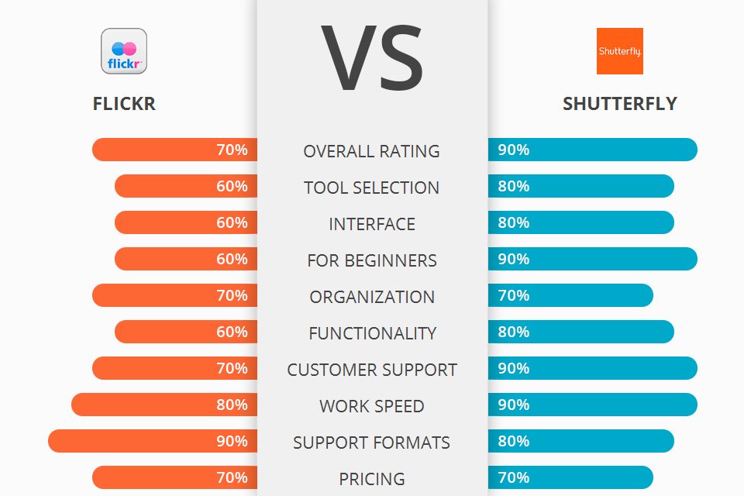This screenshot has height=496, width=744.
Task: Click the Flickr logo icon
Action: point(124,51)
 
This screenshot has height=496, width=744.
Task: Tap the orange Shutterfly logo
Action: point(619,51)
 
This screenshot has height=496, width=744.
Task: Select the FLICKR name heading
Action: point(124,104)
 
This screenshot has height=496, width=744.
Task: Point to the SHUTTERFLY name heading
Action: point(620,104)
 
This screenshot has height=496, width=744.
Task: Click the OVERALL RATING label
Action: point(372,151)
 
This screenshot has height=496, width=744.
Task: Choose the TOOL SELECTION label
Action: point(372,188)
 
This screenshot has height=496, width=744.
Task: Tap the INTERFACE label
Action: point(372,224)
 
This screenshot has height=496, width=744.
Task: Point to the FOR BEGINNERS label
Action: point(372,260)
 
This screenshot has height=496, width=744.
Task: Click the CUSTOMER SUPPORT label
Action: point(372,370)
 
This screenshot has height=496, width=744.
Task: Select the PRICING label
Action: point(372,479)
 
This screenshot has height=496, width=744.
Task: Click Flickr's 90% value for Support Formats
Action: point(232,441)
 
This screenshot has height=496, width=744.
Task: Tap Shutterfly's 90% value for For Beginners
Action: point(514,259)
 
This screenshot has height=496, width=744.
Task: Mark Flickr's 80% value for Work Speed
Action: point(232,405)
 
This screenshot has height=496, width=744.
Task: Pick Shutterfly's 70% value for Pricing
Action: point(514,477)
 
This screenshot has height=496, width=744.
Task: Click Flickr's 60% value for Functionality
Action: point(232,332)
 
